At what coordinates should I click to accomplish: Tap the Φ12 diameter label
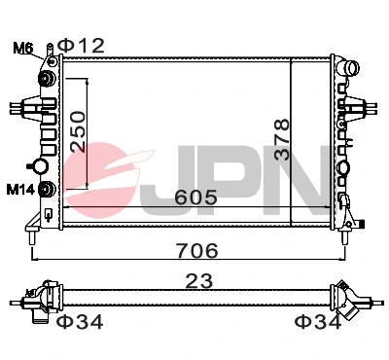80,44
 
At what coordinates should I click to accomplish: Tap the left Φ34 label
80,322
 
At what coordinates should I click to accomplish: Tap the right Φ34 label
316,322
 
